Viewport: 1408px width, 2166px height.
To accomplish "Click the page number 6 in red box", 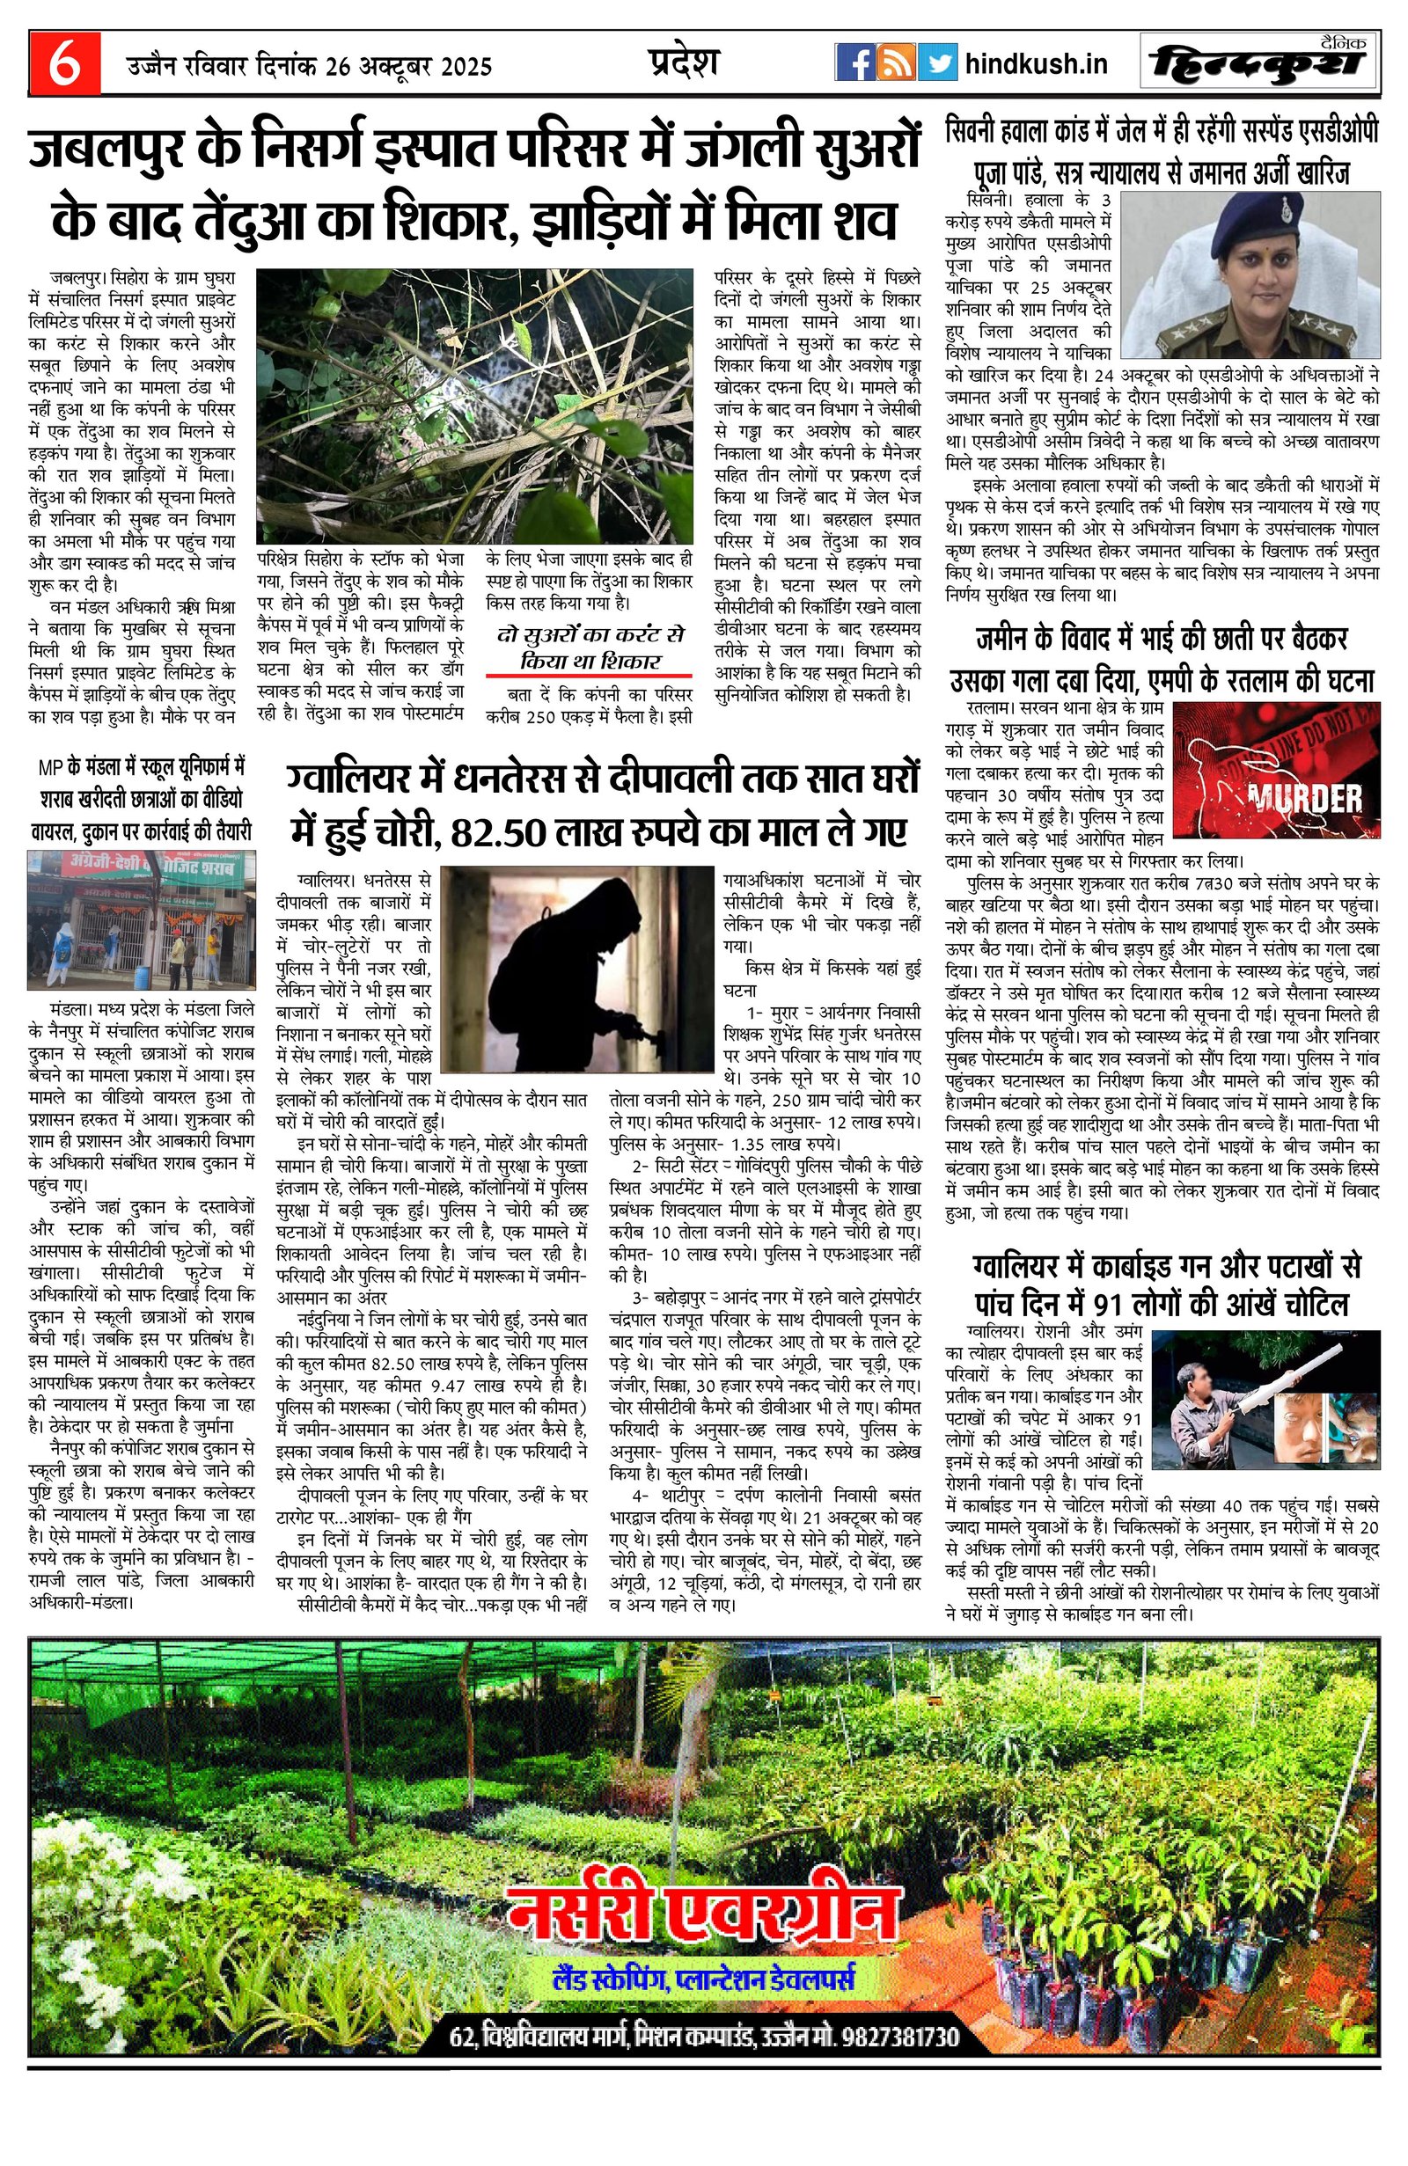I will (x=63, y=64).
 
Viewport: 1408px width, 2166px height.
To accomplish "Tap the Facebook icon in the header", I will (x=854, y=63).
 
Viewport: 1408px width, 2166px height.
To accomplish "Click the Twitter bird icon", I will (x=936, y=63).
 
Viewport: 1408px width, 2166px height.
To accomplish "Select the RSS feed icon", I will (x=896, y=63).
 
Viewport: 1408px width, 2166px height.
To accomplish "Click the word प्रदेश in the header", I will (x=684, y=62).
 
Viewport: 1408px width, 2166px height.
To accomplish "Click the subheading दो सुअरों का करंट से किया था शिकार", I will (x=590, y=647).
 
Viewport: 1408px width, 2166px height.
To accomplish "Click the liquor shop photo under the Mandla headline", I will (x=141, y=919).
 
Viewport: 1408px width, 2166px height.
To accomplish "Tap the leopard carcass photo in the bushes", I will (x=473, y=405).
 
